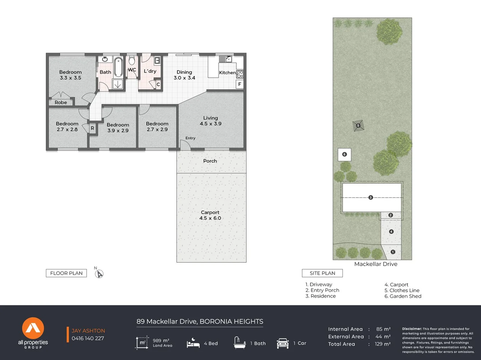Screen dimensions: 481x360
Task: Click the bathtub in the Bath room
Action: point(118,67)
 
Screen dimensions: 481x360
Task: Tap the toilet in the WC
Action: point(132,61)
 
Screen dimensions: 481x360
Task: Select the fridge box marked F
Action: point(240,84)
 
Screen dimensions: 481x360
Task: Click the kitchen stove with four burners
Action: point(240,74)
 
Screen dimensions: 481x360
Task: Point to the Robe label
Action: point(61,102)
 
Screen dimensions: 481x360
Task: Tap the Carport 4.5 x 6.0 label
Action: point(210,215)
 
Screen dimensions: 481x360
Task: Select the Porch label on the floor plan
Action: point(210,161)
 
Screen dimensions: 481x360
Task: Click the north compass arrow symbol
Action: point(99,274)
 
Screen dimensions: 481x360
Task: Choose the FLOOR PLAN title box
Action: point(66,273)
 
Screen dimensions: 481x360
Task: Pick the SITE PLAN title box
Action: point(322,273)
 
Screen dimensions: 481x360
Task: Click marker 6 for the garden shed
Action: point(345,154)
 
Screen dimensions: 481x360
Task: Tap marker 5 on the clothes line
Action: point(358,125)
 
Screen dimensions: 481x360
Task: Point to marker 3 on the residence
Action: point(371,198)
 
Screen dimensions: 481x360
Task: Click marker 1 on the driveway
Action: point(393,252)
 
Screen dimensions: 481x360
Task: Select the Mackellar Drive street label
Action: point(376,264)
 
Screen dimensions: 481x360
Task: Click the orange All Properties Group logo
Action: point(33,328)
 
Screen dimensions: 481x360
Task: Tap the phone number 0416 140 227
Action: point(88,339)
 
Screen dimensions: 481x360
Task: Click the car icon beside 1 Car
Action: point(283,343)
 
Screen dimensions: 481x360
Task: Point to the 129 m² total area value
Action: point(383,344)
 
